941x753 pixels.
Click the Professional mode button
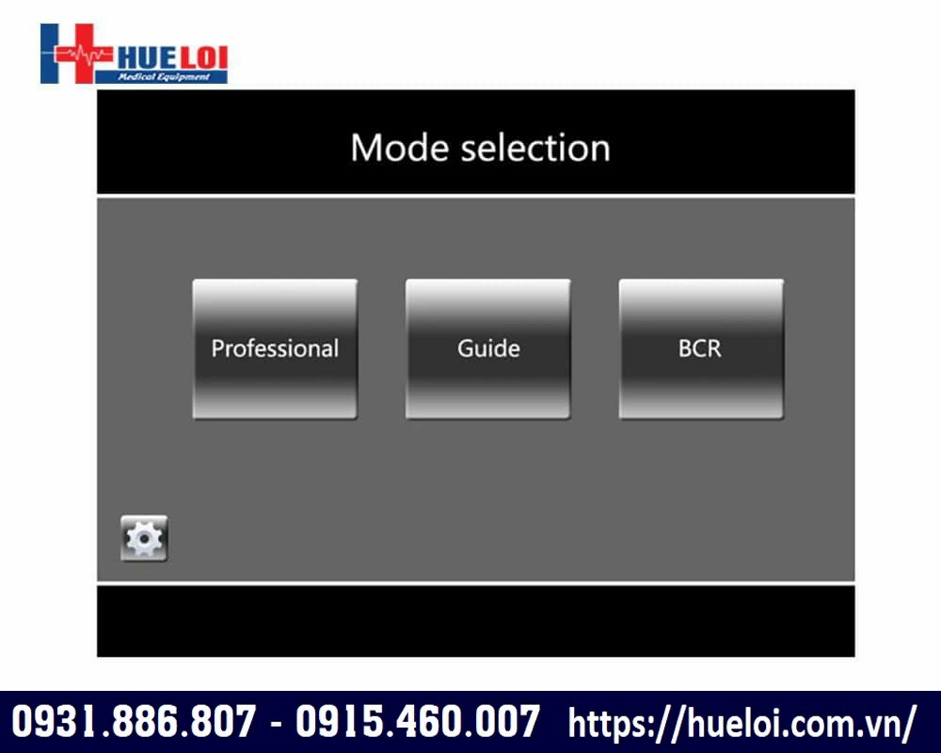(x=275, y=349)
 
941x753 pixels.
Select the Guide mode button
(x=487, y=349)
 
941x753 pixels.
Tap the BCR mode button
(x=701, y=349)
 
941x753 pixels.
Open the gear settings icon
(x=144, y=538)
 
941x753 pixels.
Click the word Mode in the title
(x=399, y=148)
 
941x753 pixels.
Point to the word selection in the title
(x=535, y=148)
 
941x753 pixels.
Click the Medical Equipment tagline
(x=164, y=77)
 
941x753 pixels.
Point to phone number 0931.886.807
(x=134, y=721)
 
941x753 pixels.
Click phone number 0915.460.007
(x=417, y=721)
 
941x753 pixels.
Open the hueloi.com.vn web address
(x=742, y=722)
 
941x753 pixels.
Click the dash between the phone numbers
(x=276, y=722)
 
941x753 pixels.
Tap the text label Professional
(x=275, y=349)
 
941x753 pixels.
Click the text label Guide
(x=488, y=349)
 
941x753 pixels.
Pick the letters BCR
(x=700, y=349)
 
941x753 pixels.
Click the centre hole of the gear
(x=144, y=538)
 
